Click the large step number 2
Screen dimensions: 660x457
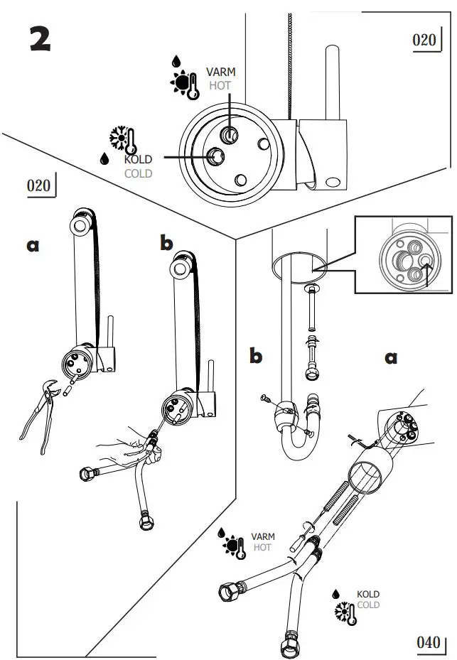click(40, 39)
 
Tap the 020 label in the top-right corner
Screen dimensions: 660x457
click(424, 40)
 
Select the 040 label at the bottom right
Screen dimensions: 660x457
click(429, 642)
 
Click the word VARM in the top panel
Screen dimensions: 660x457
click(220, 72)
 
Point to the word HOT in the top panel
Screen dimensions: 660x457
click(220, 85)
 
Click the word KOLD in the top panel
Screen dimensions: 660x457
click(138, 160)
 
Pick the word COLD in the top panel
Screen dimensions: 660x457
click(138, 173)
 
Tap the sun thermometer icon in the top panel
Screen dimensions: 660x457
click(184, 85)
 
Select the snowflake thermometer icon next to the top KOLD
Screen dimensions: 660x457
click(122, 140)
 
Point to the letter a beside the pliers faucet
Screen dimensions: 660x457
click(33, 245)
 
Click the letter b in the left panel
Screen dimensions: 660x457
click(166, 244)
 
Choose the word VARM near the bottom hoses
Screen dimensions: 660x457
click(262, 537)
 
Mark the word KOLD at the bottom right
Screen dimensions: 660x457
click(367, 594)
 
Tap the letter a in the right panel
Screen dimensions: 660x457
click(391, 357)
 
